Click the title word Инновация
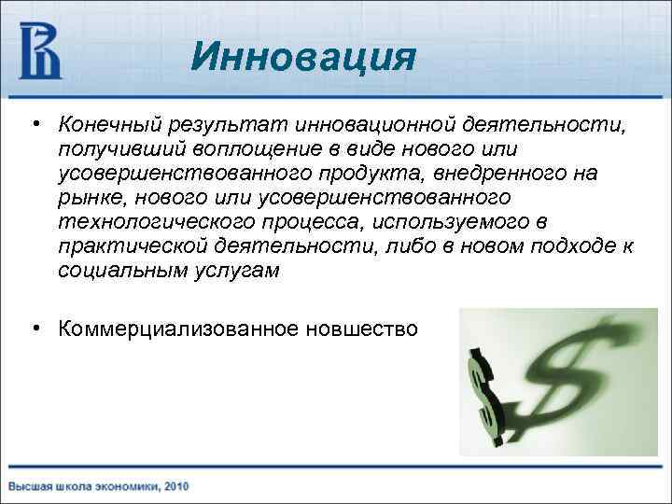click(x=301, y=58)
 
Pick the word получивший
click(x=109, y=149)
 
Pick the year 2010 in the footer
click(x=175, y=485)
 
